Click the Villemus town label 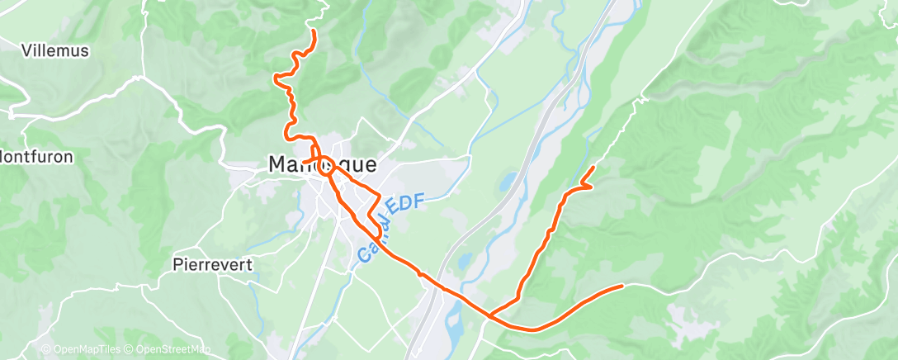(x=55, y=50)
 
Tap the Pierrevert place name (x=213, y=264)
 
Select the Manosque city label (x=322, y=164)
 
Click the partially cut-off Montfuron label (x=36, y=156)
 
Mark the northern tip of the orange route (x=314, y=31)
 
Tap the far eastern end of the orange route (x=622, y=287)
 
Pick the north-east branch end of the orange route (x=593, y=168)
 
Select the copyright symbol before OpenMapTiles (x=46, y=349)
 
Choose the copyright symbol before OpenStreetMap (x=133, y=349)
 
